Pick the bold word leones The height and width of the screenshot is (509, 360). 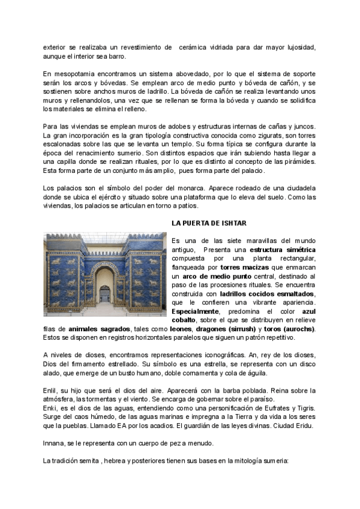pos(179,329)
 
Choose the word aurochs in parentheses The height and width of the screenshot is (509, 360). pos(298,329)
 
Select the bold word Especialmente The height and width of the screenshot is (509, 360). pos(195,312)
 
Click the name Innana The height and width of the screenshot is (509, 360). pos(55,444)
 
